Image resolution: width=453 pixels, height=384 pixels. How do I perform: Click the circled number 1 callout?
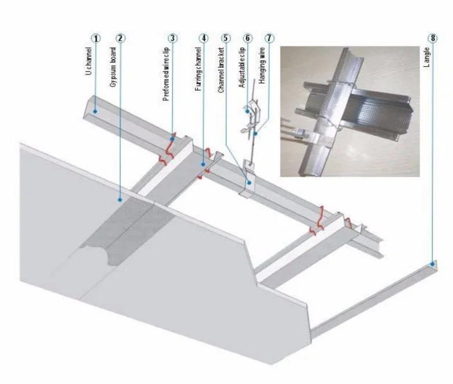pos(96,38)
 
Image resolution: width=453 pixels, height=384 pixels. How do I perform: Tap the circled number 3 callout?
pos(172,38)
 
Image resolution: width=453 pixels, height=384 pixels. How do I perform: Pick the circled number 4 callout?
pos(204,38)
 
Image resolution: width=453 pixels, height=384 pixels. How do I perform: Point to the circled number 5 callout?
pos(225,38)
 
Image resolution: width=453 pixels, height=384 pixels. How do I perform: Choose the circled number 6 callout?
pos(247,38)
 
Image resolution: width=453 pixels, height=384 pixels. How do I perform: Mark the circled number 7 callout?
pos(268,38)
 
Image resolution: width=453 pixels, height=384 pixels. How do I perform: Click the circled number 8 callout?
pos(433,38)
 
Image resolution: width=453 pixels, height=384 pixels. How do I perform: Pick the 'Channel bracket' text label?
pos(219,71)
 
